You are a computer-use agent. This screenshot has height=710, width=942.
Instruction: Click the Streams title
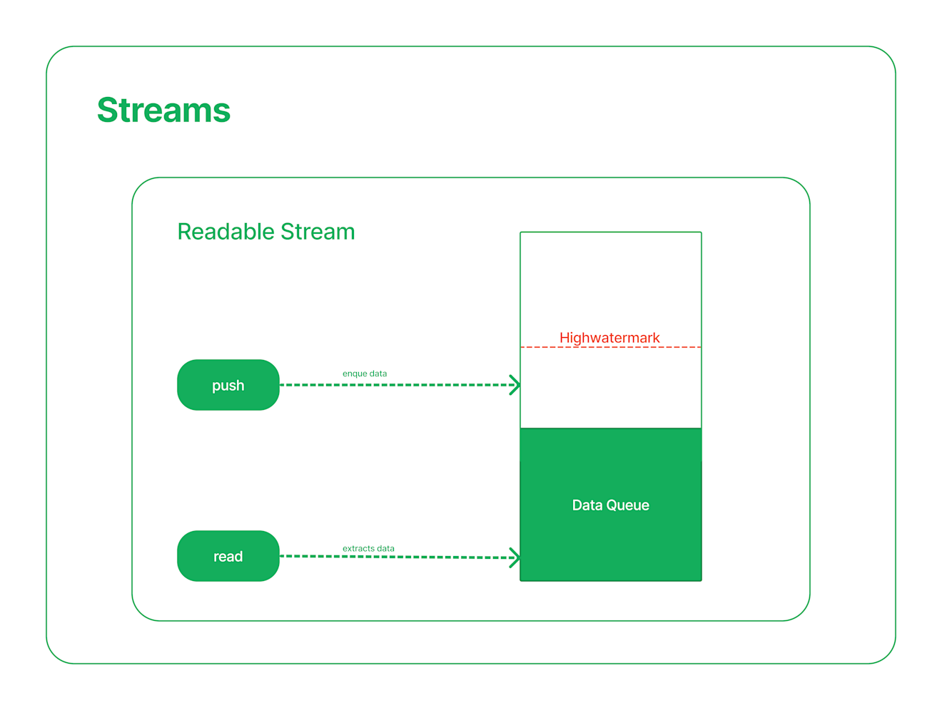pos(163,110)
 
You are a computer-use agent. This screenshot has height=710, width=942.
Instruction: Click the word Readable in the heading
pos(226,232)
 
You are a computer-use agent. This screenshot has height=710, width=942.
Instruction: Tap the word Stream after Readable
pos(318,232)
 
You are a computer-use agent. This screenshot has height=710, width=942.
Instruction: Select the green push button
pos(228,385)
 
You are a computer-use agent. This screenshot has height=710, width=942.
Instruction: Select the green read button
pos(228,556)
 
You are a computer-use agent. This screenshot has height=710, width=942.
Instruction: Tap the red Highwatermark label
pos(609,338)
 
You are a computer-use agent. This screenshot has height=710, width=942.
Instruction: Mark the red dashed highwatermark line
pos(610,347)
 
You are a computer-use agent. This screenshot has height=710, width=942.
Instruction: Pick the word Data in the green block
pos(587,505)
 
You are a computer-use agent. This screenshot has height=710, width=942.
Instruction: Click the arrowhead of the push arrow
pos(515,385)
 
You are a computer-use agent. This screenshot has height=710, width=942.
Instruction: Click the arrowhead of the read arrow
pos(515,557)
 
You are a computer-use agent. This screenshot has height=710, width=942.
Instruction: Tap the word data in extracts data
pos(385,549)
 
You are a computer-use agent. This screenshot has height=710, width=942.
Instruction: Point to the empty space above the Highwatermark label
pos(610,282)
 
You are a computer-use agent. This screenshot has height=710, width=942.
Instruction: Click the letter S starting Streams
pos(108,110)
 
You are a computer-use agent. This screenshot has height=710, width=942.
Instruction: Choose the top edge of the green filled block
pos(610,428)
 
